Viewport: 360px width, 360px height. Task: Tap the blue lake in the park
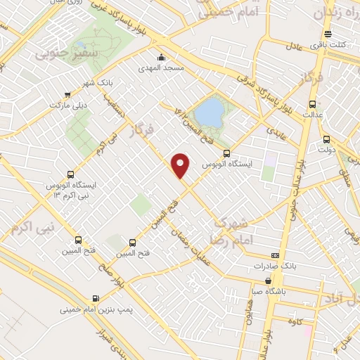click(208, 111)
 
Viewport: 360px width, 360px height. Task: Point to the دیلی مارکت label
click(67, 105)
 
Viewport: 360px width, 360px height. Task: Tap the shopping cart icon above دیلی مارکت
click(67, 94)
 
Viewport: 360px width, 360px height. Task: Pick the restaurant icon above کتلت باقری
click(327, 34)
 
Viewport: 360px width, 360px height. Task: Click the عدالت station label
click(311, 112)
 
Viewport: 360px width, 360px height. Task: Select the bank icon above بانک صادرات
click(275, 255)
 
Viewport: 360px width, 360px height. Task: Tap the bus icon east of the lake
click(226, 152)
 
